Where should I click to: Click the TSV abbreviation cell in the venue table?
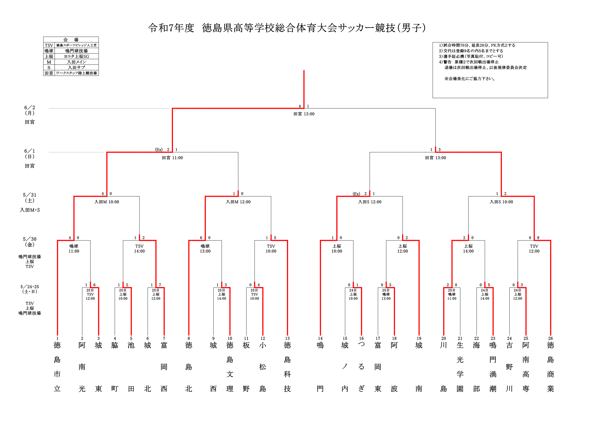pos(49,45)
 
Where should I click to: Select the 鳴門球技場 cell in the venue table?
pos(76,51)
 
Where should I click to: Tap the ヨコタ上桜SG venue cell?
pos(76,56)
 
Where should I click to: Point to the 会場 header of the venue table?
pos(71,40)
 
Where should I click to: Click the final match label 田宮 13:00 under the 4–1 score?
pos(304,114)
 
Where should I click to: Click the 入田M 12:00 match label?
pos(238,202)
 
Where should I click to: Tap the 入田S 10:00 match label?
pos(501,202)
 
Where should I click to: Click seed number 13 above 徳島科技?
pos(287,338)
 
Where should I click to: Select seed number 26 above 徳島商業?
pos(550,338)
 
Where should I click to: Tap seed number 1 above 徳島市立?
pos(57,338)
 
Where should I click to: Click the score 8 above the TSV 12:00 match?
pos(538,238)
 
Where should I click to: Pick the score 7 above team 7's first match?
pos(160,285)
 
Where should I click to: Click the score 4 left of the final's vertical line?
pos(300,106)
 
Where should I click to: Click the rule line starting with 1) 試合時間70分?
pos(477,45)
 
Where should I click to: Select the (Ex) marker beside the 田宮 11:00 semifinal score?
pos(159,150)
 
